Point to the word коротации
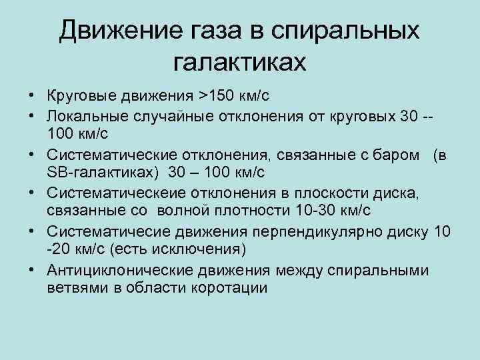click(x=229, y=289)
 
